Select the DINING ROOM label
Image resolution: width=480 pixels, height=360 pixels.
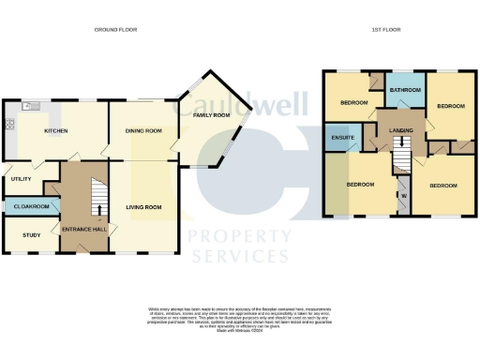(144, 131)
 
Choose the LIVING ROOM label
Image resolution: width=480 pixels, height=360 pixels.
(144, 207)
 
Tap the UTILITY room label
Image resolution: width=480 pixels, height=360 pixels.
(22, 178)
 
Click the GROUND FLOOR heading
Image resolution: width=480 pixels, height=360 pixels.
(115, 30)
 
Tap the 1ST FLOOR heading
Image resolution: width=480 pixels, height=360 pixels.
(386, 30)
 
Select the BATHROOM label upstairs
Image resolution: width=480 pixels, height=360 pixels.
(406, 90)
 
